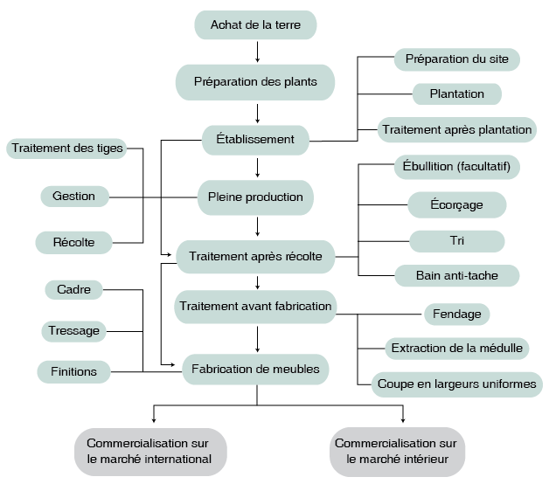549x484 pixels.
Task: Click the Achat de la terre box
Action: [255, 25]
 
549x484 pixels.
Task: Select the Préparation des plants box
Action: [255, 83]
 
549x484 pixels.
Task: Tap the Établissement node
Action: [255, 139]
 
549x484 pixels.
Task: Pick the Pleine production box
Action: [255, 197]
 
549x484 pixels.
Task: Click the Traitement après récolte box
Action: [255, 257]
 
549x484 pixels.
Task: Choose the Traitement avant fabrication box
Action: [255, 307]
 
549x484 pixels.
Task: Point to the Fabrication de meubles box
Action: [255, 370]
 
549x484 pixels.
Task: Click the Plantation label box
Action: [457, 93]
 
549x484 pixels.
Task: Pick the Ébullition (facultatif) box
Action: [457, 166]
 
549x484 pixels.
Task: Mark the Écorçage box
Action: [457, 205]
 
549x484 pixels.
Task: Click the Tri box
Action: [457, 241]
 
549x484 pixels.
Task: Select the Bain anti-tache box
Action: [457, 276]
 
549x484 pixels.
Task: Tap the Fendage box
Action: [457, 313]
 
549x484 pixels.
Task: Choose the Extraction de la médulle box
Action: [457, 348]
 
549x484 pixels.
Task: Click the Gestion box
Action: [74, 196]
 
